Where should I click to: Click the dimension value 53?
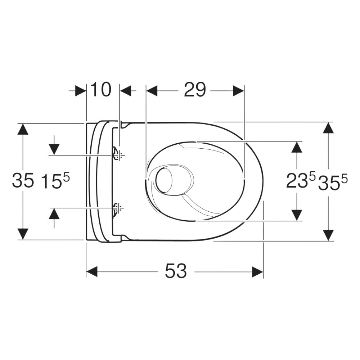[176, 271]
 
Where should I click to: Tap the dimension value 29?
[195, 90]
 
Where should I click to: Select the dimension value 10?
[100, 90]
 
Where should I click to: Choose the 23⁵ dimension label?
[301, 181]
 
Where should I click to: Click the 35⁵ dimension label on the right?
[333, 181]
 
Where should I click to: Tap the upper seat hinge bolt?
[117, 154]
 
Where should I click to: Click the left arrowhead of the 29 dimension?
[152, 91]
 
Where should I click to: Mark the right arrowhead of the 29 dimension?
[238, 91]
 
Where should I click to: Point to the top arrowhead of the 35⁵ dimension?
[328, 129]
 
